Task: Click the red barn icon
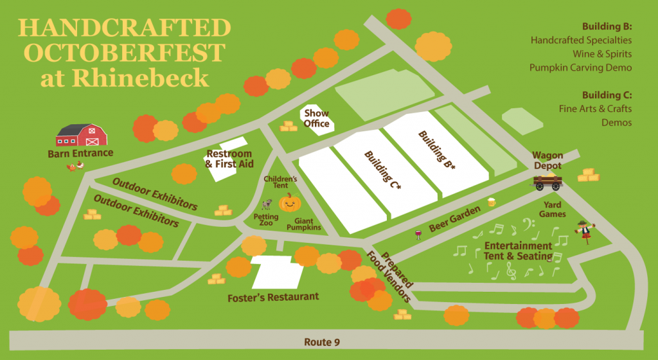coord(81,135)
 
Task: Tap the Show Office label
coord(316,119)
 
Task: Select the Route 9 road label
coord(328,342)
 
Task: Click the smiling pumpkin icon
coord(290,203)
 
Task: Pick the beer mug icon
coord(492,202)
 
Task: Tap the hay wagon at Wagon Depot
coord(547,181)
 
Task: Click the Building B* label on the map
coord(437,149)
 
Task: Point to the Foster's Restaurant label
coord(273,297)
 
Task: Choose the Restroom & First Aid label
coord(229,159)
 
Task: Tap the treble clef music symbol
coord(511,273)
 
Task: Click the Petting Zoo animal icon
coord(266,204)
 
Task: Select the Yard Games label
coord(552,210)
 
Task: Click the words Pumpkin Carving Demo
coord(581,67)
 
